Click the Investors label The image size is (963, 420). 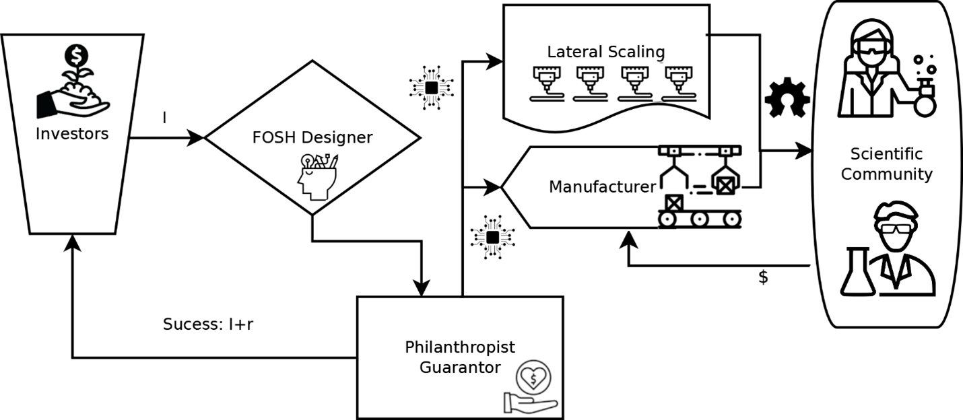coord(72,133)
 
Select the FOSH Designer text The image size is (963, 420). coord(313,137)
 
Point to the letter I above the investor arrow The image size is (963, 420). coord(165,118)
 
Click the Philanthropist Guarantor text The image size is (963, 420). coord(460,357)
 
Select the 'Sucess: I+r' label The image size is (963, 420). coord(207,324)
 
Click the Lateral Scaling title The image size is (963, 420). coord(605,52)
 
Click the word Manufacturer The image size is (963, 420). coord(602,186)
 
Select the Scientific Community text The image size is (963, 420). coord(886,164)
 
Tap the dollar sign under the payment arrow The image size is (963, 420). coord(763,277)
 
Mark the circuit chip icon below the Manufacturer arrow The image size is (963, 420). coord(492,236)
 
